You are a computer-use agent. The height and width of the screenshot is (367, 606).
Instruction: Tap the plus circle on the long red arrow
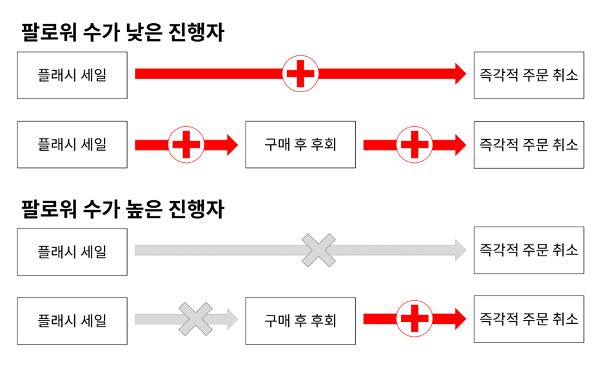point(300,74)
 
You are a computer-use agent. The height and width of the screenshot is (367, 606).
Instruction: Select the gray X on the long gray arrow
point(319,250)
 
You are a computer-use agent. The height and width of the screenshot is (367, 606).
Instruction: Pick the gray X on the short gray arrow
point(195,319)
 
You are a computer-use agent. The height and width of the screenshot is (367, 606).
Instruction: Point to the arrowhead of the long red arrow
point(460,74)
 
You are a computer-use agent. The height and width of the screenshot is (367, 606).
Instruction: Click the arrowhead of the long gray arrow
point(460,250)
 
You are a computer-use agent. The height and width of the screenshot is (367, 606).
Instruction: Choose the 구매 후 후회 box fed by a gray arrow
point(300,320)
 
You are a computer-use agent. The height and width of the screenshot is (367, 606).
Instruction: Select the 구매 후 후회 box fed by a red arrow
point(300,144)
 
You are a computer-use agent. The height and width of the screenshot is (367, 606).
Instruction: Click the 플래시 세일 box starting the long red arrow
point(72,75)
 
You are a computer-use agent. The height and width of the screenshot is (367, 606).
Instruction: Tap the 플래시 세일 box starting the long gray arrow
point(72,250)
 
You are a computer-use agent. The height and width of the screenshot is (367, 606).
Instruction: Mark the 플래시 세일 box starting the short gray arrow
point(72,320)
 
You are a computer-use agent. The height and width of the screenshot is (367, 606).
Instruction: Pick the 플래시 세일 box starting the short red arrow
point(72,144)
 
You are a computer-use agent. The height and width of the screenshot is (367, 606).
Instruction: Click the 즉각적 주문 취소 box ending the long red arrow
point(529,75)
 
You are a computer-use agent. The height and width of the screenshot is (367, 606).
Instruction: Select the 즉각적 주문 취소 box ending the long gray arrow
point(529,250)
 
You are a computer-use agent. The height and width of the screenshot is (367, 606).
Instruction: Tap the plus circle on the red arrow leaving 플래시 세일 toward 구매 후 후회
point(186,144)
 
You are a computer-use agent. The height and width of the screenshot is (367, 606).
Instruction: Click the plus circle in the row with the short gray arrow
point(415,319)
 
